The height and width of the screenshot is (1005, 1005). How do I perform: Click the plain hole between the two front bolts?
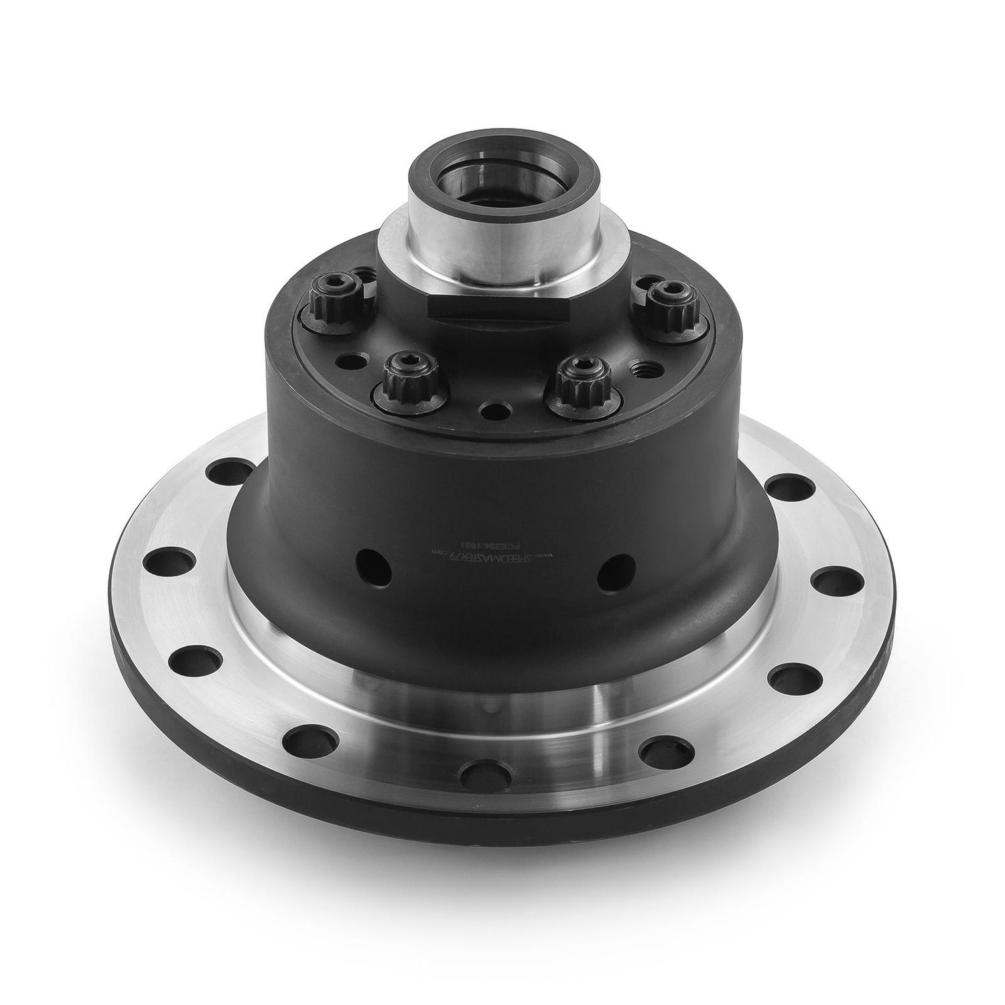click(x=496, y=409)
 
